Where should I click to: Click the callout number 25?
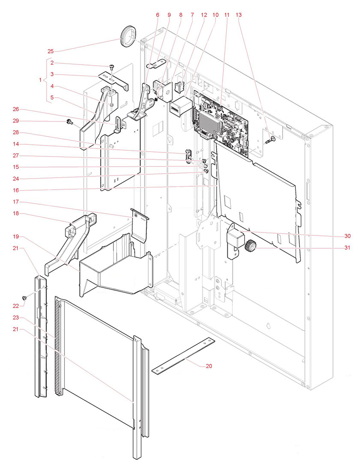coord(51,51)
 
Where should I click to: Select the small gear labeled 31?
coord(250,247)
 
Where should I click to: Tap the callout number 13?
coord(239,15)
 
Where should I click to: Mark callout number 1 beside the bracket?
coord(41,80)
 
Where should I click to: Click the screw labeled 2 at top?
coord(111,67)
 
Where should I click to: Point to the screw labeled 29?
coord(68,123)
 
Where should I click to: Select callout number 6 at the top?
coord(158,15)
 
